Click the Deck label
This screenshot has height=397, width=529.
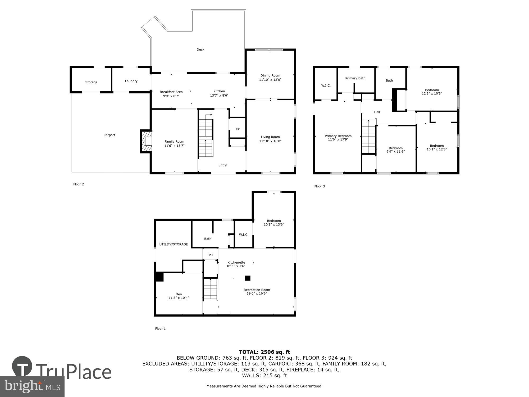click(200, 49)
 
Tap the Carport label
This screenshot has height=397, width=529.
click(109, 135)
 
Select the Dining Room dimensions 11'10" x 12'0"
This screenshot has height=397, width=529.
click(270, 80)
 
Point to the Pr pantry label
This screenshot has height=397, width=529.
click(238, 129)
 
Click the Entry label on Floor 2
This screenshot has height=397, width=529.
click(222, 165)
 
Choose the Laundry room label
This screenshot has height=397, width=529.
click(131, 81)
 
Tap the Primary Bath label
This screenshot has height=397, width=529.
click(355, 78)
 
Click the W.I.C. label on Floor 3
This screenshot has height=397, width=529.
click(326, 85)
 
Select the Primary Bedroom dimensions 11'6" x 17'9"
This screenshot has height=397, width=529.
click(338, 139)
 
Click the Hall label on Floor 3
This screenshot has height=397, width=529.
click(377, 112)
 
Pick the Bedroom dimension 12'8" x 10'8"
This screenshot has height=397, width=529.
click(432, 93)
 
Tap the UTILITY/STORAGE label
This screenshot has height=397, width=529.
click(174, 244)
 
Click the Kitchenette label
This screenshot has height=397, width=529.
click(236, 263)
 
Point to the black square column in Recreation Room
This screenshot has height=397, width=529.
click(247, 278)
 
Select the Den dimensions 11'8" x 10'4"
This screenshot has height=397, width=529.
click(179, 298)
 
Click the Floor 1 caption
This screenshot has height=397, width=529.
click(160, 328)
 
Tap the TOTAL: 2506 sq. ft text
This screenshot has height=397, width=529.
click(264, 352)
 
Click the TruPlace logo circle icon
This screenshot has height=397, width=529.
click(22, 366)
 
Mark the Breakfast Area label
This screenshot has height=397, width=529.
click(171, 92)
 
